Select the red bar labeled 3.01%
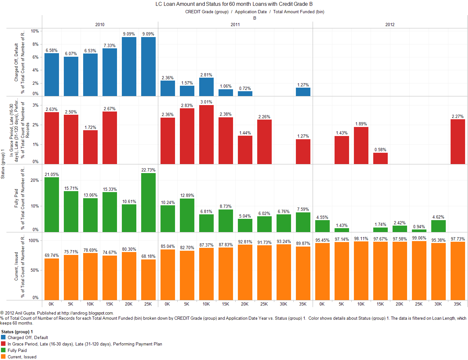[206, 134]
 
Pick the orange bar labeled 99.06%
[419, 271]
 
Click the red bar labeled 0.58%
[380, 158]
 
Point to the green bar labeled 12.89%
[187, 215]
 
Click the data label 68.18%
[148, 256]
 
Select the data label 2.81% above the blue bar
[206, 75]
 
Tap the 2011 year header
[235, 24]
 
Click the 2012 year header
[390, 24]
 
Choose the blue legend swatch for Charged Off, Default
[4, 337]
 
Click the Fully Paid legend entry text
[17, 350]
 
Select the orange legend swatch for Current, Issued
[4, 357]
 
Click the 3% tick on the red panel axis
[35, 105]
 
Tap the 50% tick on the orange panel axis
[34, 270]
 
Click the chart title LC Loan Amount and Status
[234, 4]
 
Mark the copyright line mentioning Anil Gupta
[57, 313]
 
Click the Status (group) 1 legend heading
[17, 332]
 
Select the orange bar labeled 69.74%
[52, 279]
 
